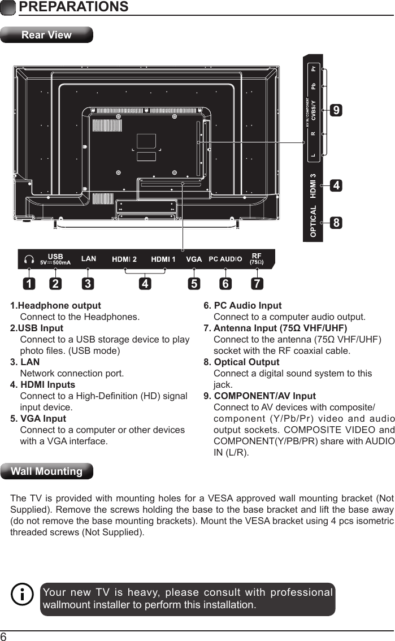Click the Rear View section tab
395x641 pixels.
click(x=46, y=35)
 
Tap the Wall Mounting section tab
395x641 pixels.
click(x=47, y=471)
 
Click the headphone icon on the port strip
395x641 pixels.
click(x=29, y=260)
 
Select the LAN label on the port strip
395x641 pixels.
click(x=89, y=259)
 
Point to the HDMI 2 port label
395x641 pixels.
click(x=124, y=259)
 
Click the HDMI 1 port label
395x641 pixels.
click(x=163, y=259)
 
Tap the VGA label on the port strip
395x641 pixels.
click(x=194, y=259)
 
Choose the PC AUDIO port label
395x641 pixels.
click(x=225, y=259)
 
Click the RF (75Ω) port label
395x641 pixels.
click(x=257, y=259)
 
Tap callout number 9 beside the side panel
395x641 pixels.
click(x=336, y=111)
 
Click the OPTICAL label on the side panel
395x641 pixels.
click(x=313, y=222)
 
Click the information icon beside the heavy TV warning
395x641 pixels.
click(x=23, y=595)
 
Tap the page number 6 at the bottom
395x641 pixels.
click(x=4, y=636)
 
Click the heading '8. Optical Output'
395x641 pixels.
click(x=241, y=362)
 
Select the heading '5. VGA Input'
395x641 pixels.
click(x=38, y=419)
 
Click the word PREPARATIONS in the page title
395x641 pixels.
click(x=73, y=7)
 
